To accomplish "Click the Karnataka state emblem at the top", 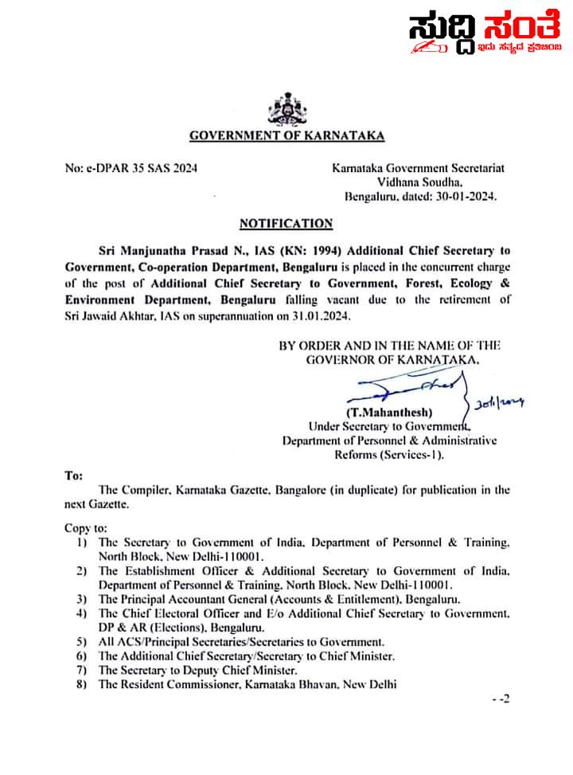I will pos(285,108).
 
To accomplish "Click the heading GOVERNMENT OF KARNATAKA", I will pos(286,135).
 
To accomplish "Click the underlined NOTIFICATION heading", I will pos(286,224).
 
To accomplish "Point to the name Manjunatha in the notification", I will pos(158,249).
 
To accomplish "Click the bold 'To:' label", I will pos(74,476).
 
